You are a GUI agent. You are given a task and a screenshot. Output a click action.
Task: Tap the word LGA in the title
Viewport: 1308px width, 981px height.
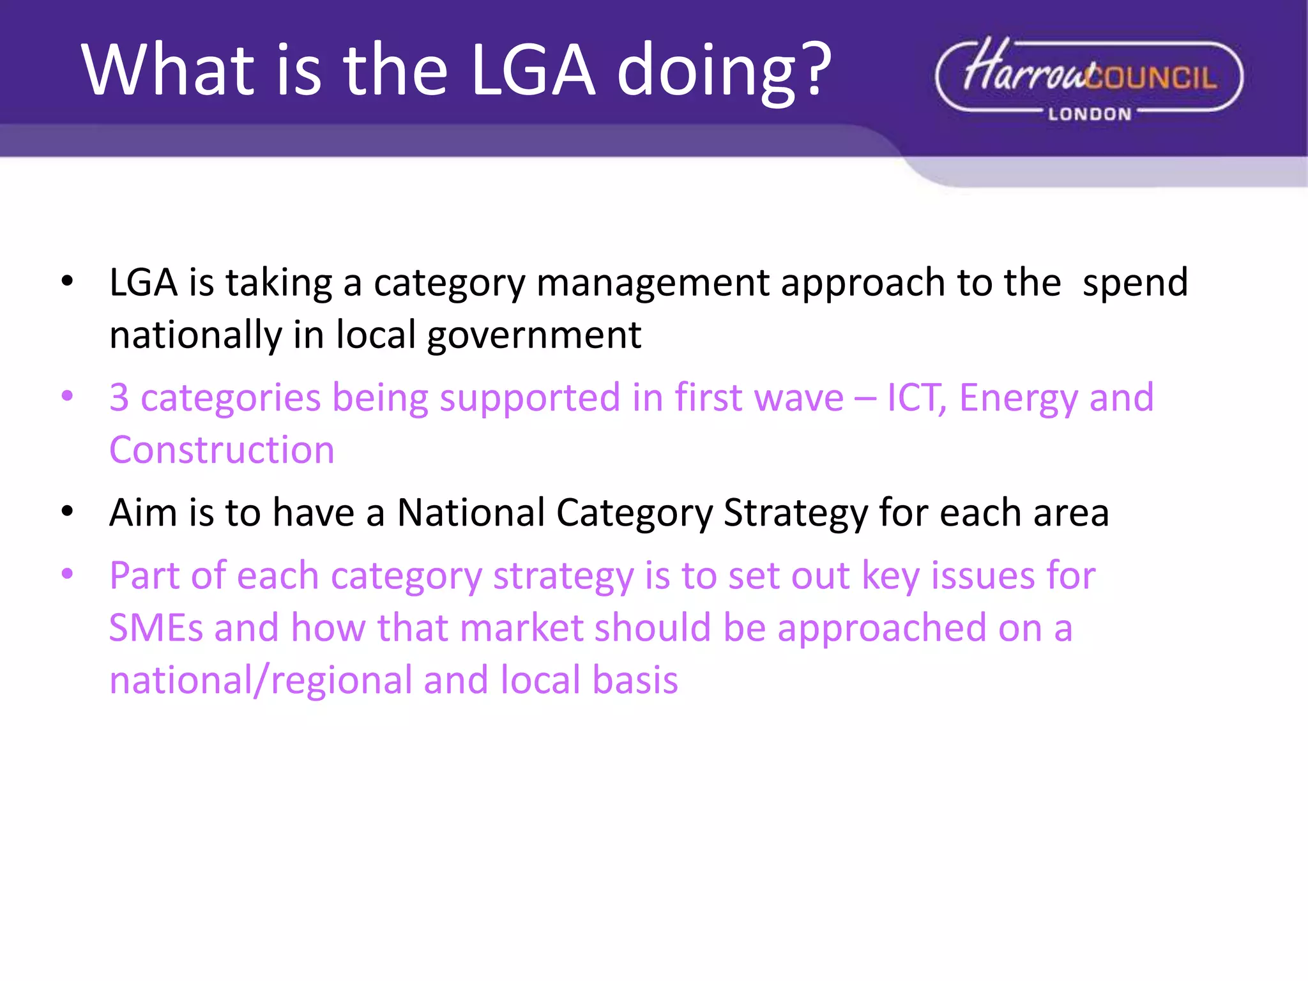point(533,70)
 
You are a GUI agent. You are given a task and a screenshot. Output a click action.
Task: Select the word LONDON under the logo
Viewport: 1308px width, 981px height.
point(1090,114)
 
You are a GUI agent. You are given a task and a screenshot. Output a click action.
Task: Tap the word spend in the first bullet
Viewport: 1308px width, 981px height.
point(1135,283)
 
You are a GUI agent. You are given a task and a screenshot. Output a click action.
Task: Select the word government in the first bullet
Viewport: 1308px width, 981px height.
point(534,335)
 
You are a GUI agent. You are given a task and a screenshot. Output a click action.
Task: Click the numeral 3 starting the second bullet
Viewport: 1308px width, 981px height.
point(119,397)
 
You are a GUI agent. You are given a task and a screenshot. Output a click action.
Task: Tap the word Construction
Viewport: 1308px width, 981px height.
point(222,450)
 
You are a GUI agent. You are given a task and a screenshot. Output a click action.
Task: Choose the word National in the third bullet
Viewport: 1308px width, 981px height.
point(471,512)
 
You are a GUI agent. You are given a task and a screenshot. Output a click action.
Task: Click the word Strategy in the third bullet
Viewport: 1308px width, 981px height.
point(795,512)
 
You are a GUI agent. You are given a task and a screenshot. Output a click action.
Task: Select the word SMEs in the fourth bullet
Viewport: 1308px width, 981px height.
point(156,627)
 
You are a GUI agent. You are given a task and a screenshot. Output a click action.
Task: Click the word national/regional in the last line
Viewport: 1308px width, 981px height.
point(260,680)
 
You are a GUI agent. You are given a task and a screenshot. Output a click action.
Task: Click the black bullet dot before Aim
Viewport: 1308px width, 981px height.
point(67,511)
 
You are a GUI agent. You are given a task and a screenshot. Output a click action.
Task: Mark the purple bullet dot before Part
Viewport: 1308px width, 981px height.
point(67,574)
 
